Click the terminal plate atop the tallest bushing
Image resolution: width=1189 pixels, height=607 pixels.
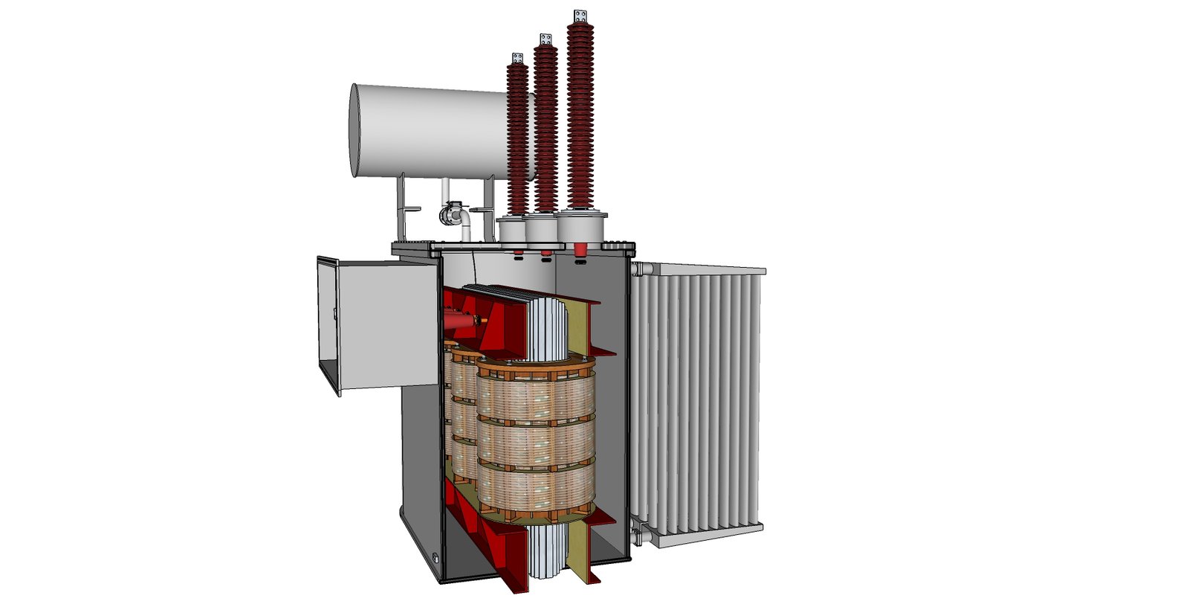tap(580, 16)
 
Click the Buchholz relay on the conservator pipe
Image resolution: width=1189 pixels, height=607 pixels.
tap(450, 214)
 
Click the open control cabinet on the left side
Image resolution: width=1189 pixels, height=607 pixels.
tap(379, 324)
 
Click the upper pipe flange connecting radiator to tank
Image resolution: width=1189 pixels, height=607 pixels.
tap(637, 269)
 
